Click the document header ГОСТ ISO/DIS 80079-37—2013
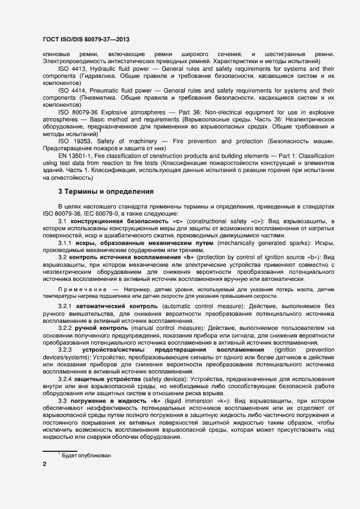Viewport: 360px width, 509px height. pyautogui.click(x=86, y=40)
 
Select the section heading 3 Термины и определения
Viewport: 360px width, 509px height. pyautogui.click(x=106, y=192)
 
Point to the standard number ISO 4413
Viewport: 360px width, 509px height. pyautogui.click(x=71, y=69)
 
